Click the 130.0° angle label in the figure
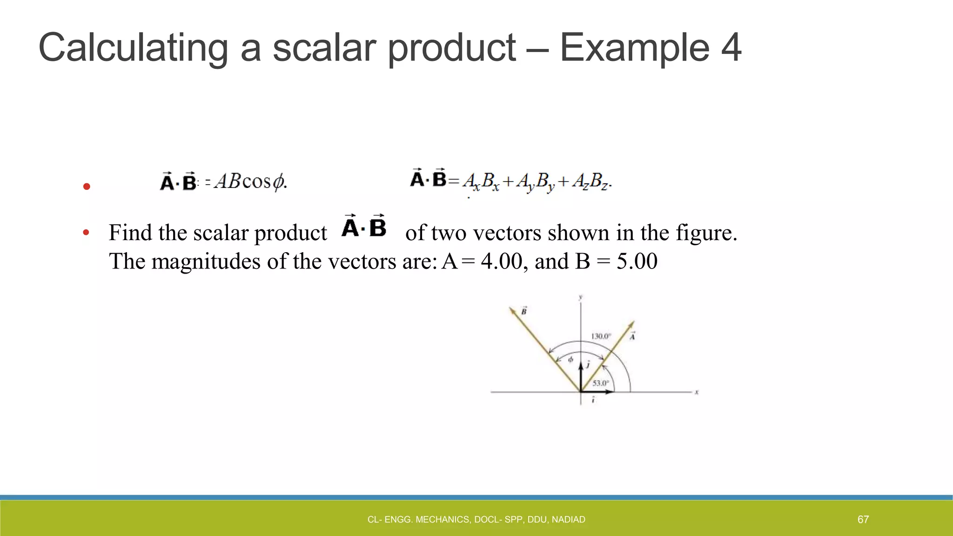coord(600,336)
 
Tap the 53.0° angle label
coord(600,383)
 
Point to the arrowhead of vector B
coord(511,310)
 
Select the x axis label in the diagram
coord(697,392)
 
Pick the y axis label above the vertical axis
coord(580,297)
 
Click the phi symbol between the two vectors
coord(570,360)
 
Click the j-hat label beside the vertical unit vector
coord(588,364)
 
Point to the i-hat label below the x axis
coord(593,400)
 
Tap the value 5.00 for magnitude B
coord(637,261)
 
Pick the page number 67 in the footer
coord(863,519)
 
